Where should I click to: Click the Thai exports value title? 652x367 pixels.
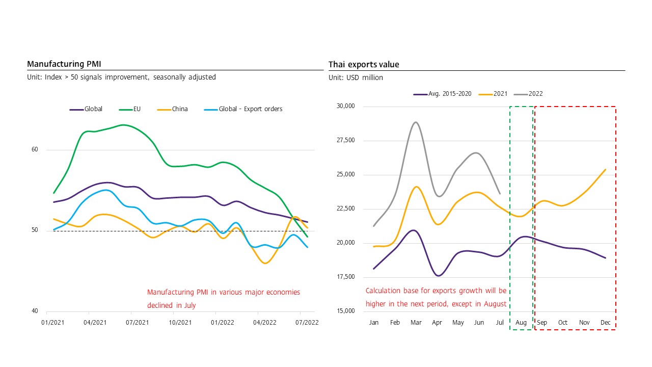pos(364,64)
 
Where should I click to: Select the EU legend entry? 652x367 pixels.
pos(137,109)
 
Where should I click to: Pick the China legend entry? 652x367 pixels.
pos(180,109)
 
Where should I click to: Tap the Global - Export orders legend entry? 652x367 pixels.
pos(250,109)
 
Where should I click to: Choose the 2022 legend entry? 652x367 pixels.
pos(535,94)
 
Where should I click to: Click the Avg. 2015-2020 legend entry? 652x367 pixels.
pos(450,94)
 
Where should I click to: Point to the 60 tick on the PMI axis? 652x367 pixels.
pos(35,150)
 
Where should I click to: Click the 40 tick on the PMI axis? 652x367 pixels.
pos(35,311)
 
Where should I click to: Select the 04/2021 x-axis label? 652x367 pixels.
pos(89,323)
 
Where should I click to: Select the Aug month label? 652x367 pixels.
pos(521,323)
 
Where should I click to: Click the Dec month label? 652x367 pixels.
pos(606,323)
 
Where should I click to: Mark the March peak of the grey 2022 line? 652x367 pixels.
pos(416,122)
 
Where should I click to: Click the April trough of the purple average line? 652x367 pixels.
pos(438,276)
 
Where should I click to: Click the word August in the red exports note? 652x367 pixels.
pos(495,304)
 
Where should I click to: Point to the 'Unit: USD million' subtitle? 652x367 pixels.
pos(356,78)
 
